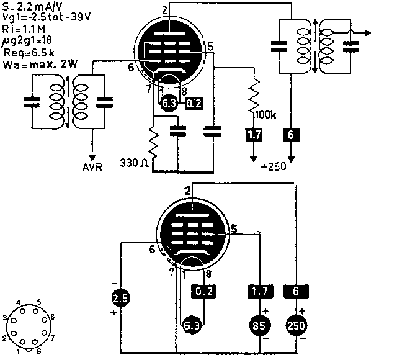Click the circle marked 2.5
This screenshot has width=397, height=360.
click(120, 299)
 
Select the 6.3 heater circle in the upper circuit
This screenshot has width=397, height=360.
click(167, 103)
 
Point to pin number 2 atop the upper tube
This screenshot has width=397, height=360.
click(164, 9)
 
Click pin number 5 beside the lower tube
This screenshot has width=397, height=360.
click(234, 228)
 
